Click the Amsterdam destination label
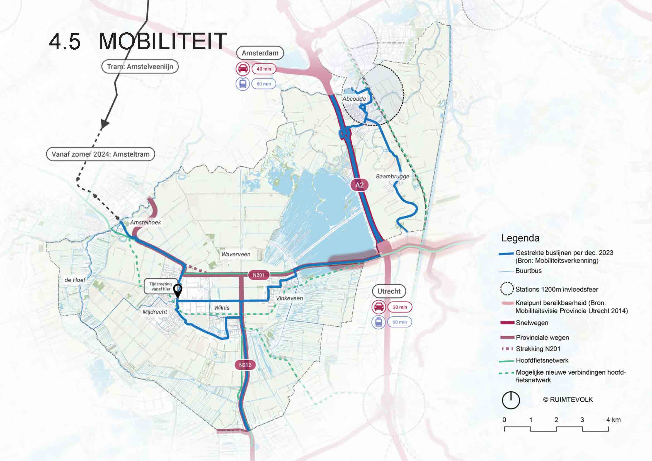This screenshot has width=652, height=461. click(260, 53)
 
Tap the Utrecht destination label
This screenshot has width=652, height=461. click(389, 291)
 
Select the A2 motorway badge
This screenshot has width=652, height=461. click(360, 185)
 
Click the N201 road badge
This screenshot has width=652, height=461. click(258, 275)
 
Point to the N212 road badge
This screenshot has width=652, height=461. click(245, 365)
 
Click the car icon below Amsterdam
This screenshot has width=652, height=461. click(243, 69)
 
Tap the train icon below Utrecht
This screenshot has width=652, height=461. click(379, 322)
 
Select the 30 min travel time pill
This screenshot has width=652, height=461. click(399, 307)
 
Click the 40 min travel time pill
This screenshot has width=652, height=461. click(264, 69)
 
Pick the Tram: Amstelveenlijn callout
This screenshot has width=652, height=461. click(140, 67)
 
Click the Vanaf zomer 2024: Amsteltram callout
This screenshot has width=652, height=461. click(101, 154)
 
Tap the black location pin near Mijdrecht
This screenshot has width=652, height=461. click(178, 290)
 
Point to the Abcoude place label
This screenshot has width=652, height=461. click(354, 99)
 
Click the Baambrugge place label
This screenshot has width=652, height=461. click(392, 176)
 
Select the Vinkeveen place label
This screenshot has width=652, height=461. click(289, 298)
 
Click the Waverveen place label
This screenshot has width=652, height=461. click(236, 254)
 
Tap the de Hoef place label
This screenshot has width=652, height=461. click(75, 280)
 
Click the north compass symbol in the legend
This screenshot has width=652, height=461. click(511, 400)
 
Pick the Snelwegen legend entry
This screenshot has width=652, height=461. click(532, 323)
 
